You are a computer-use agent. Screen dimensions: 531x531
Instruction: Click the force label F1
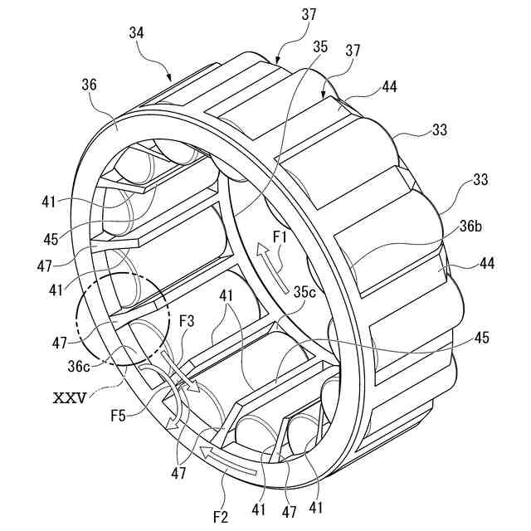[280, 237]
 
